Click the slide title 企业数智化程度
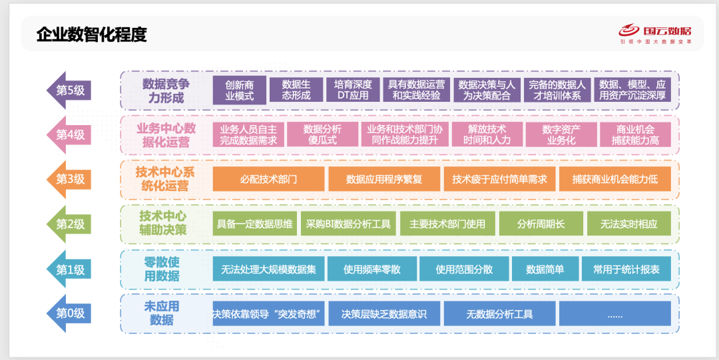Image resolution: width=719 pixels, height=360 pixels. click(92, 35)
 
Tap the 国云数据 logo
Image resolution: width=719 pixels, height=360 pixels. click(656, 33)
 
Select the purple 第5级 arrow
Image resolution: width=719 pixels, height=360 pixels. click(69, 90)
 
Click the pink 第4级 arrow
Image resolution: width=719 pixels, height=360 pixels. click(69, 135)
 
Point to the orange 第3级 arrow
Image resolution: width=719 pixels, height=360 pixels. click(69, 179)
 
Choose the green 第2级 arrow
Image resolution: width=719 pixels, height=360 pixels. click(69, 224)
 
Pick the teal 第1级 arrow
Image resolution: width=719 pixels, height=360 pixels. click(69, 270)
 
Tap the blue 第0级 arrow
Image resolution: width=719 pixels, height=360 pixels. click(69, 313)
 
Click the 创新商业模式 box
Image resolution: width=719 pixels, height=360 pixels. click(240, 90)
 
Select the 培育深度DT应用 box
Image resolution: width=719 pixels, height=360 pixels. click(353, 90)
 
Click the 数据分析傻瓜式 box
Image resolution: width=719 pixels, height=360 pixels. click(322, 134)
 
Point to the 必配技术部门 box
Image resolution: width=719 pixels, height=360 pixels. click(268, 179)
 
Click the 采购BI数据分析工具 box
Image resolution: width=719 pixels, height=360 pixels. click(348, 224)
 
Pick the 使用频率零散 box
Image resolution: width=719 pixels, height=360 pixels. click(371, 270)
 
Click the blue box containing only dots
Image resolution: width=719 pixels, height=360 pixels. click(614, 314)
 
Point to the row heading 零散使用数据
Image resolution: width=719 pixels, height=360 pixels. click(162, 269)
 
